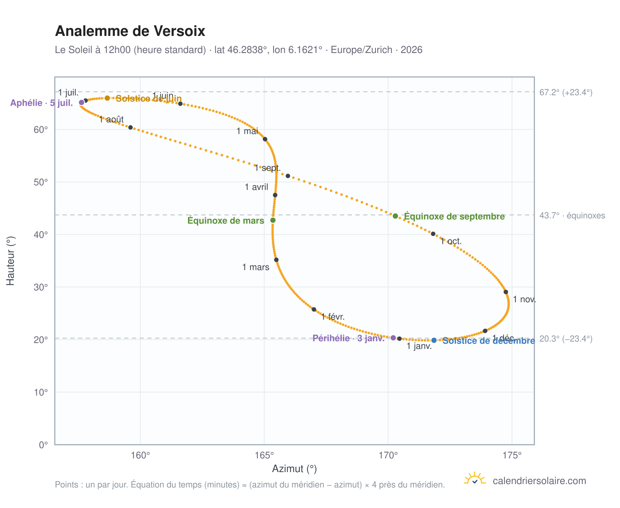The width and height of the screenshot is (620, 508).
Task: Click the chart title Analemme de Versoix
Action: point(130,31)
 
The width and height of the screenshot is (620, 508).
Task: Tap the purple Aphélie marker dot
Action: point(81,103)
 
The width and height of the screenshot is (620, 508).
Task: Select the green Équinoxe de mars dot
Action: point(273,220)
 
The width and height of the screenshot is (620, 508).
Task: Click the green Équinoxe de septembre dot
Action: point(395,216)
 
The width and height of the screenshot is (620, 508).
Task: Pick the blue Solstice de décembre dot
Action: point(434,340)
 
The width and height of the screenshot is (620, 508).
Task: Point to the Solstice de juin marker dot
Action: point(107,98)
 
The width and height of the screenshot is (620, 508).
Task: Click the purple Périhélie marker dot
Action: point(393,338)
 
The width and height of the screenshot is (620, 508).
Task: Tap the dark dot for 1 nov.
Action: point(506,292)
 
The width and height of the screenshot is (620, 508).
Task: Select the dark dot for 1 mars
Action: point(276,260)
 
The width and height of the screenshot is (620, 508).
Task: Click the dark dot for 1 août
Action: point(131,127)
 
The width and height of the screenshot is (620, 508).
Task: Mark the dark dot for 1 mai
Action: point(265,139)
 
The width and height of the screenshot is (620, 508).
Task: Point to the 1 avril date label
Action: point(256,187)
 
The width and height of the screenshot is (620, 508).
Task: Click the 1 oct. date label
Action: point(451,241)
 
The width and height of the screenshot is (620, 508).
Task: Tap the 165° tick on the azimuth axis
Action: point(264,455)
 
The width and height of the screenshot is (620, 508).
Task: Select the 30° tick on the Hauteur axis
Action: point(41,287)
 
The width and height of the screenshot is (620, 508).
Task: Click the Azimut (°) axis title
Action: point(294,469)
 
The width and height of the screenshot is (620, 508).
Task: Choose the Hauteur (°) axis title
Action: point(10,261)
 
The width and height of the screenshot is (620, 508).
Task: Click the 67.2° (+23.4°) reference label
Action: point(566,92)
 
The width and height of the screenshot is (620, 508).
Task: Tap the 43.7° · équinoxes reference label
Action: point(572,216)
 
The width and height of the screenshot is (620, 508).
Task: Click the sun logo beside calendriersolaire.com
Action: point(474,478)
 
